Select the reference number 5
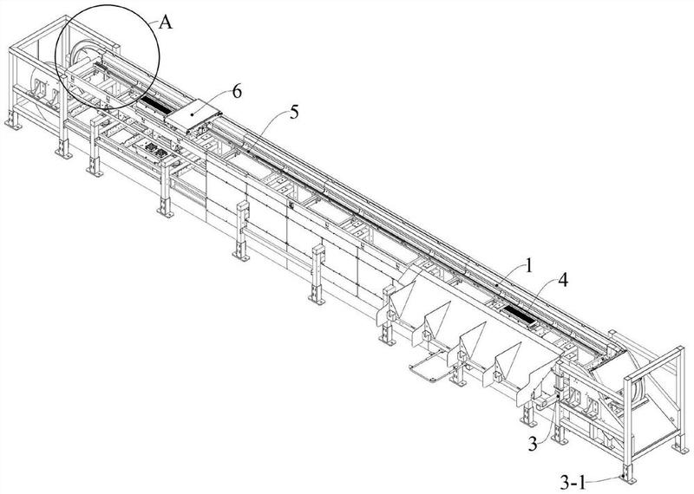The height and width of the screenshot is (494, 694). click(298, 110)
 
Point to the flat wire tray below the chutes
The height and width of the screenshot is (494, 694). click(429, 367)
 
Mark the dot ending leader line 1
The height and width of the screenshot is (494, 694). click(494, 284)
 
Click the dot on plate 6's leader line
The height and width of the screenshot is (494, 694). click(192, 113)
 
